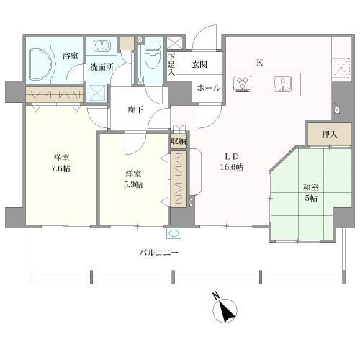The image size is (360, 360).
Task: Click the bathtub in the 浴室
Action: tap(40, 64)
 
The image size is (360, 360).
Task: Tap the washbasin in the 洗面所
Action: tap(102, 45)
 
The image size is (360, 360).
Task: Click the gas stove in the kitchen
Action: tap(243, 84)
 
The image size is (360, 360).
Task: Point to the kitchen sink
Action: tap(283, 84)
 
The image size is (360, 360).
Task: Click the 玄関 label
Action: tap(199, 64)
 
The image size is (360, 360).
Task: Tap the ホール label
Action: tap(208, 88)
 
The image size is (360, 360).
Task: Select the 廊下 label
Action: tap(135, 110)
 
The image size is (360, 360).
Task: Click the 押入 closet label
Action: tap(330, 135)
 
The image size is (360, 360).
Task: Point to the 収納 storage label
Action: tap(179, 141)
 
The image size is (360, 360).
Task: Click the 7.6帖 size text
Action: tap(61, 169)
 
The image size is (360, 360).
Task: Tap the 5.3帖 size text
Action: tap(133, 184)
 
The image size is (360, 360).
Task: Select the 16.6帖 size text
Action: tap(232, 167)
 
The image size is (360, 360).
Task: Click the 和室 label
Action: tap(311, 187)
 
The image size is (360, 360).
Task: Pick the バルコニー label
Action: tap(159, 253)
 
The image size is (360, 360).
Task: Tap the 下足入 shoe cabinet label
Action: tap(171, 64)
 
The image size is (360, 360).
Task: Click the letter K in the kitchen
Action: tap(259, 63)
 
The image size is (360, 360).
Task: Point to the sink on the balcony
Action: tap(174, 233)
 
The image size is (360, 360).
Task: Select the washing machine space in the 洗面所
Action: tap(96, 93)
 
